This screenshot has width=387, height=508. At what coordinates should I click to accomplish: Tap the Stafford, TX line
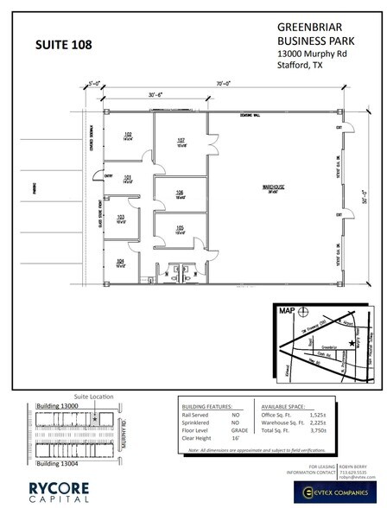302,66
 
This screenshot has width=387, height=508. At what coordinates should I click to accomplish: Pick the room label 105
180,228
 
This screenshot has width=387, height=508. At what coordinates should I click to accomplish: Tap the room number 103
122,217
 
